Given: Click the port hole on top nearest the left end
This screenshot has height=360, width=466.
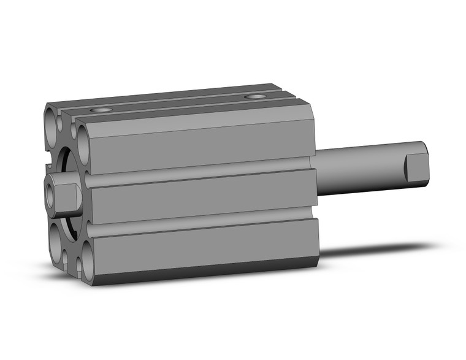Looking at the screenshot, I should [101, 110].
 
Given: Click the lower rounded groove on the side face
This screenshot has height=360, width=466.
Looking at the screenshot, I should [202, 221].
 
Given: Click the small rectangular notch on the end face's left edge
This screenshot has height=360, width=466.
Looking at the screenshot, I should [47, 165].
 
